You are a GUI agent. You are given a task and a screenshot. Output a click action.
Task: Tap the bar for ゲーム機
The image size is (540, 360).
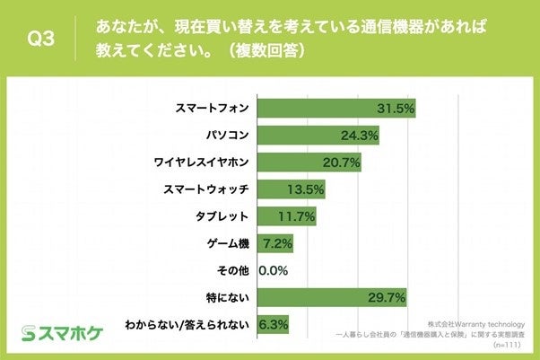274,243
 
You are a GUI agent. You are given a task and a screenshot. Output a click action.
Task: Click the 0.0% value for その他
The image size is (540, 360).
273,269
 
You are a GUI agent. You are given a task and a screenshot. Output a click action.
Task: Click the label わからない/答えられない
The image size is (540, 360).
188,322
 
